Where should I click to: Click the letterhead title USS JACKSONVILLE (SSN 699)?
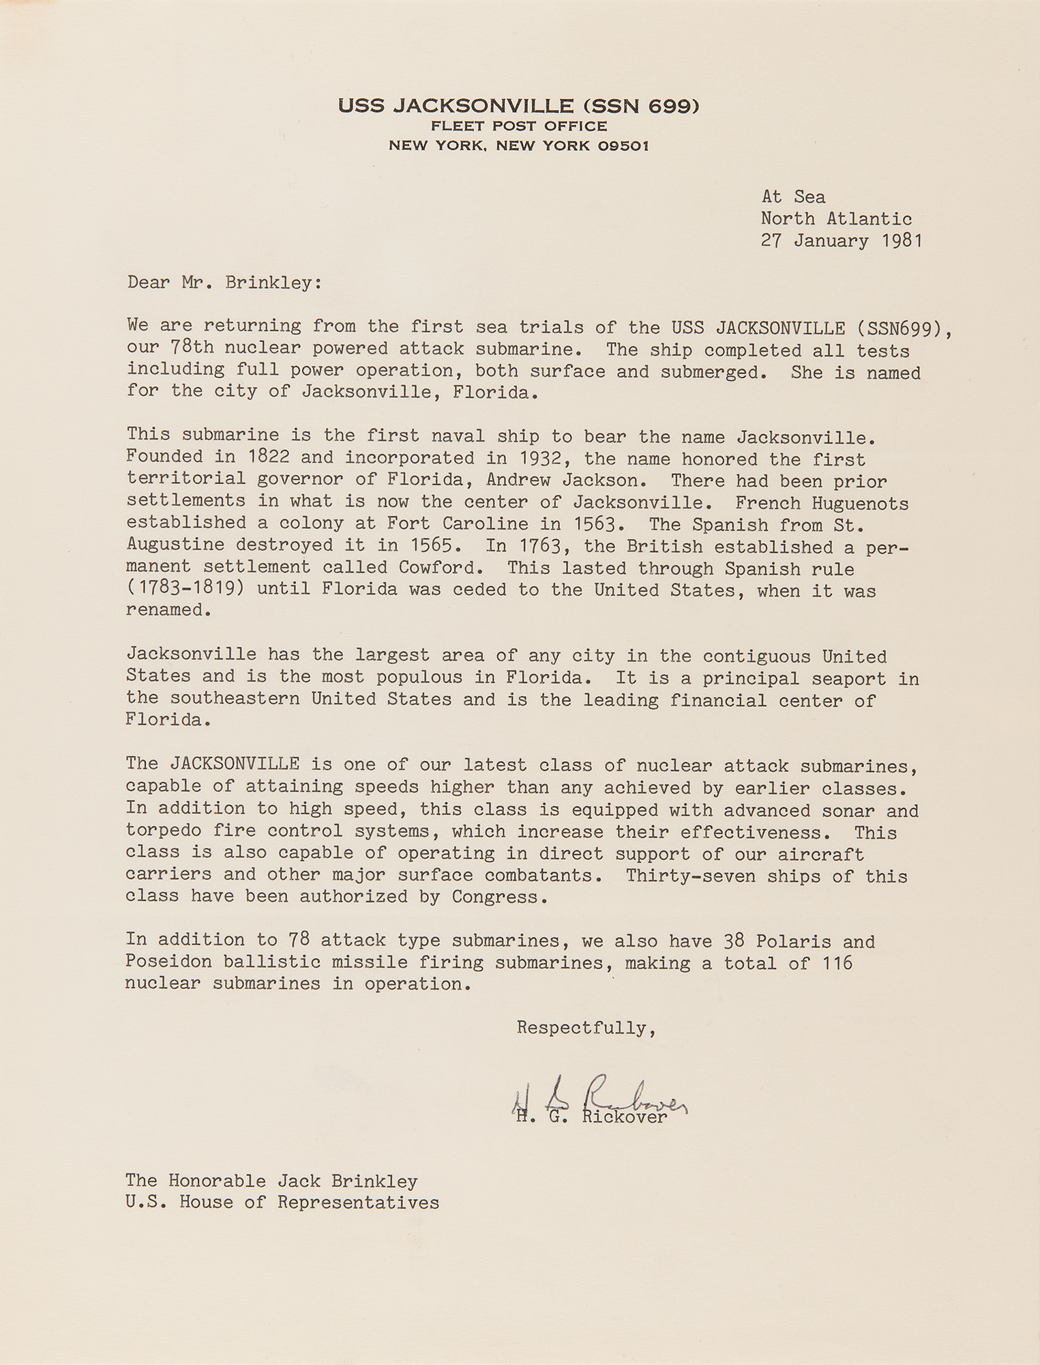(x=518, y=106)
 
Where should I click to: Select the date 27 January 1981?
(x=842, y=241)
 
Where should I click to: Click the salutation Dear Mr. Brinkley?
(x=224, y=283)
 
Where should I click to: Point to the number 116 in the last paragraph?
(x=837, y=963)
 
